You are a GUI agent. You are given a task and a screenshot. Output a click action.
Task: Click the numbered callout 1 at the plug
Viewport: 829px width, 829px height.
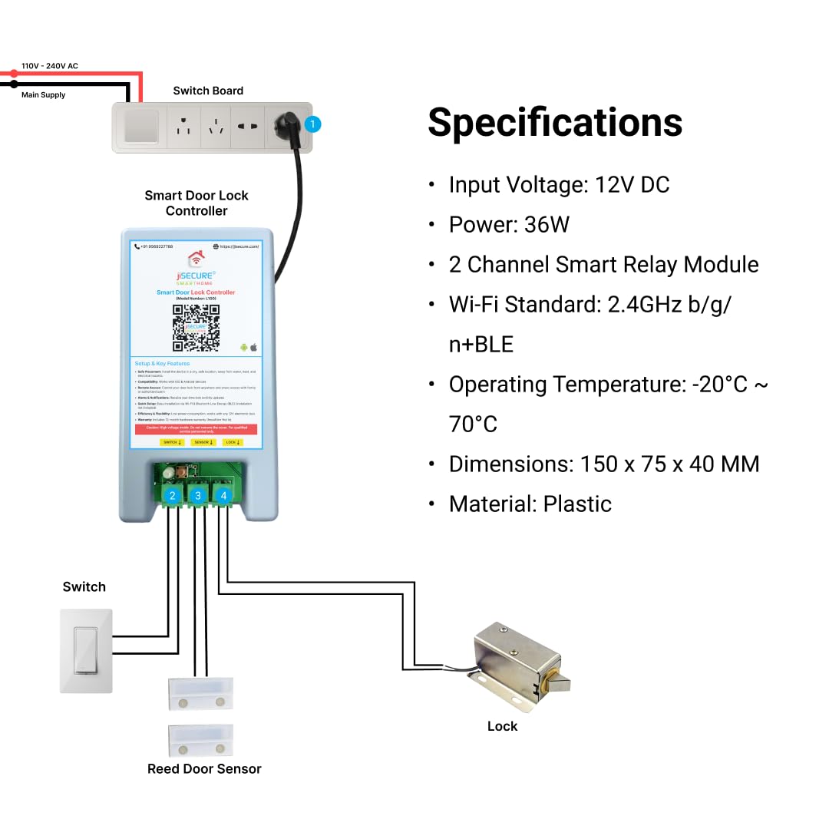tap(312, 124)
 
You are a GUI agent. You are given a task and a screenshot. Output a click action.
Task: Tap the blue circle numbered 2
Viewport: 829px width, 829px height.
tap(173, 495)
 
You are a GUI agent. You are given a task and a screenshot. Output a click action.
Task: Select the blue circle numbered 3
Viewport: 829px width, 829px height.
tap(198, 495)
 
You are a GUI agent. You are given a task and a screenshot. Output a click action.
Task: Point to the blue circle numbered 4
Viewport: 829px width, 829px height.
tap(223, 495)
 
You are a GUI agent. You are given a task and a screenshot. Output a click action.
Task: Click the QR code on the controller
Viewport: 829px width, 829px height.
tap(196, 328)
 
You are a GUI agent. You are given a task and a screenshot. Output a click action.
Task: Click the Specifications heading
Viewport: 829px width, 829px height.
tap(555, 122)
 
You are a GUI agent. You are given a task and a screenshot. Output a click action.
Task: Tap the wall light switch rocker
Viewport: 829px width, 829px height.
tap(86, 650)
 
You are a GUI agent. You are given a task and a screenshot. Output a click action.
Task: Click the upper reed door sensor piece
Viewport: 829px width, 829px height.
tap(200, 693)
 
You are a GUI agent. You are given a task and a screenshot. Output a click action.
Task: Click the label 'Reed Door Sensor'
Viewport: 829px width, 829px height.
tap(204, 769)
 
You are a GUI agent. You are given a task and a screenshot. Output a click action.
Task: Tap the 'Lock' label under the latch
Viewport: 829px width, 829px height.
tap(502, 726)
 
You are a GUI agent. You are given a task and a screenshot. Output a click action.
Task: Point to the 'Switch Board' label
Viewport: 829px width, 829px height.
tap(208, 91)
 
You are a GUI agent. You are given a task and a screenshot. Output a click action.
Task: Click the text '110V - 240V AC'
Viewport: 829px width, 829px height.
tap(50, 66)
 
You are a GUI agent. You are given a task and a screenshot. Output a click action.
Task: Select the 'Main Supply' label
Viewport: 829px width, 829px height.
tap(43, 95)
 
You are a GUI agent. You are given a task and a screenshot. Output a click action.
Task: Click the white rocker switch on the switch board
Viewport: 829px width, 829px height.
tap(142, 127)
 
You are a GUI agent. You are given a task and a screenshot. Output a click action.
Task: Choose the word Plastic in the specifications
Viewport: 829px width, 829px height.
tap(577, 504)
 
